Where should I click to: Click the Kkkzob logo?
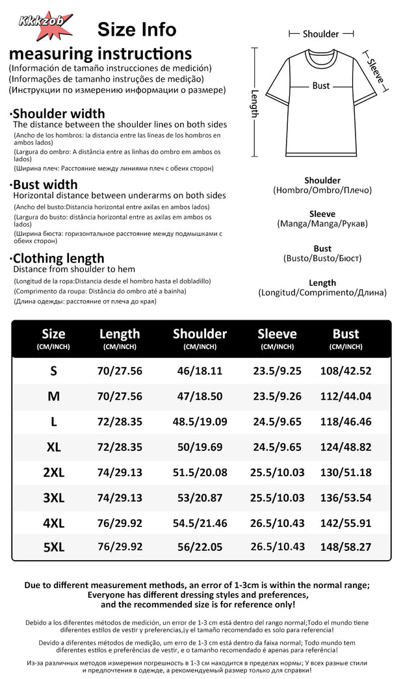[44, 21]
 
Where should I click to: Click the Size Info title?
[136, 29]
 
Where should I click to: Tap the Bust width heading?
[45, 185]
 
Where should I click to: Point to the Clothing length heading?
[58, 258]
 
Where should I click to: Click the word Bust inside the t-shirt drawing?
[321, 85]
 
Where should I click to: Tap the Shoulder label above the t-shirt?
[321, 34]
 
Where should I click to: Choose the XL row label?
[54, 447]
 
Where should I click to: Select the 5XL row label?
[54, 547]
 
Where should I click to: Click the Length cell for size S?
[120, 371]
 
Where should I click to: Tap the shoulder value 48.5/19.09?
[200, 421]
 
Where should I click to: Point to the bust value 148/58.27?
[346, 547]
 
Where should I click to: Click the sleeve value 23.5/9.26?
[277, 396]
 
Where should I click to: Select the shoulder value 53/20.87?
[200, 498]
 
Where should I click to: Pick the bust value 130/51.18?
[346, 472]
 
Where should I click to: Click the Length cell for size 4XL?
[120, 522]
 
